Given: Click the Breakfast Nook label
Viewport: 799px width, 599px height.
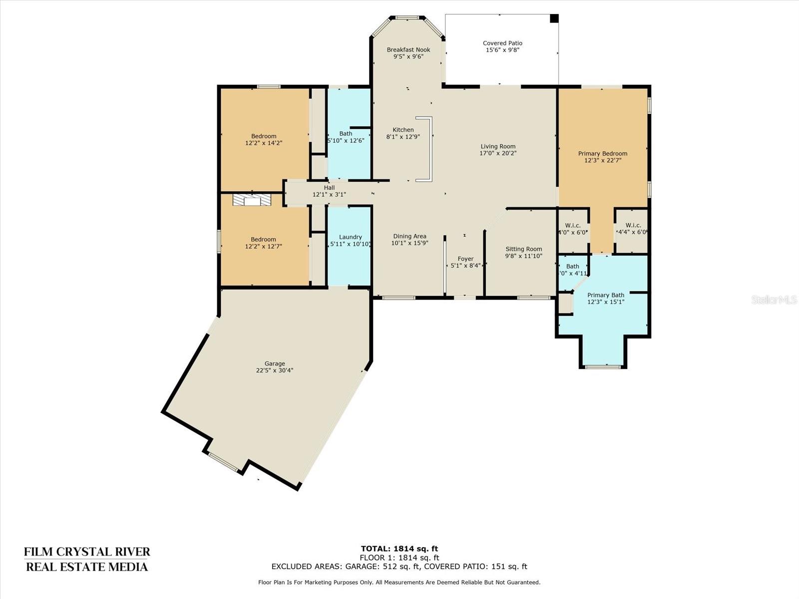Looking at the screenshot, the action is click(x=408, y=50).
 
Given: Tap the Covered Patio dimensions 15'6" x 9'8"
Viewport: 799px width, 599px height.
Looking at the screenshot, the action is click(x=502, y=50).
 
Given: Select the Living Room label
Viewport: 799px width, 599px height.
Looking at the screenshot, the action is click(x=498, y=147).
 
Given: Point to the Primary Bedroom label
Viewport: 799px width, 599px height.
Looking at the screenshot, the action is click(x=603, y=153).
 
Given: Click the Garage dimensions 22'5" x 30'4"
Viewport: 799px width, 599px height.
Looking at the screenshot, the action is click(x=275, y=370).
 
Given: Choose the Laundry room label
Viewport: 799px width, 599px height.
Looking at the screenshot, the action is click(x=350, y=237).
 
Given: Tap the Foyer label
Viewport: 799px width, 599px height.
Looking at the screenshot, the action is click(x=465, y=259).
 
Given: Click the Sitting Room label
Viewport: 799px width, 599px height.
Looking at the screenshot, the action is click(x=524, y=249).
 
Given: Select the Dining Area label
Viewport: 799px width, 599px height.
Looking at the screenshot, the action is click(x=409, y=237).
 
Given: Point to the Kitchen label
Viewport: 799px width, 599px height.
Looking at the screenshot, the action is click(x=403, y=130).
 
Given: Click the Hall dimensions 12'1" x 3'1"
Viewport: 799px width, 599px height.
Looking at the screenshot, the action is click(x=329, y=195).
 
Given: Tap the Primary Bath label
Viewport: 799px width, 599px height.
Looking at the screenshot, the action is click(x=606, y=295).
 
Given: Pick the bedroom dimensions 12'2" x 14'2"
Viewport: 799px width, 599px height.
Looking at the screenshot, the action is click(x=264, y=143).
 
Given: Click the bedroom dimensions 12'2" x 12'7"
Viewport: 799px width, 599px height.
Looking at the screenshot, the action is click(x=264, y=247).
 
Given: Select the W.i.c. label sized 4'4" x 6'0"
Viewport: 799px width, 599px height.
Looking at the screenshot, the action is click(x=633, y=226).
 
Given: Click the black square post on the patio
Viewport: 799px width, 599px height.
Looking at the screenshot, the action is click(x=554, y=18).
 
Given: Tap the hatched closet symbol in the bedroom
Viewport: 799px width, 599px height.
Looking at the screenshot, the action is click(x=252, y=200).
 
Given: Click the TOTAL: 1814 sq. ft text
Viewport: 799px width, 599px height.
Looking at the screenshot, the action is click(x=399, y=549).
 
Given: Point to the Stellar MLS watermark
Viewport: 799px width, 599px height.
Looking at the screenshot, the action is click(x=774, y=299).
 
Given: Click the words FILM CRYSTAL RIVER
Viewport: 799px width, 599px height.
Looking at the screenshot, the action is click(x=87, y=552).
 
